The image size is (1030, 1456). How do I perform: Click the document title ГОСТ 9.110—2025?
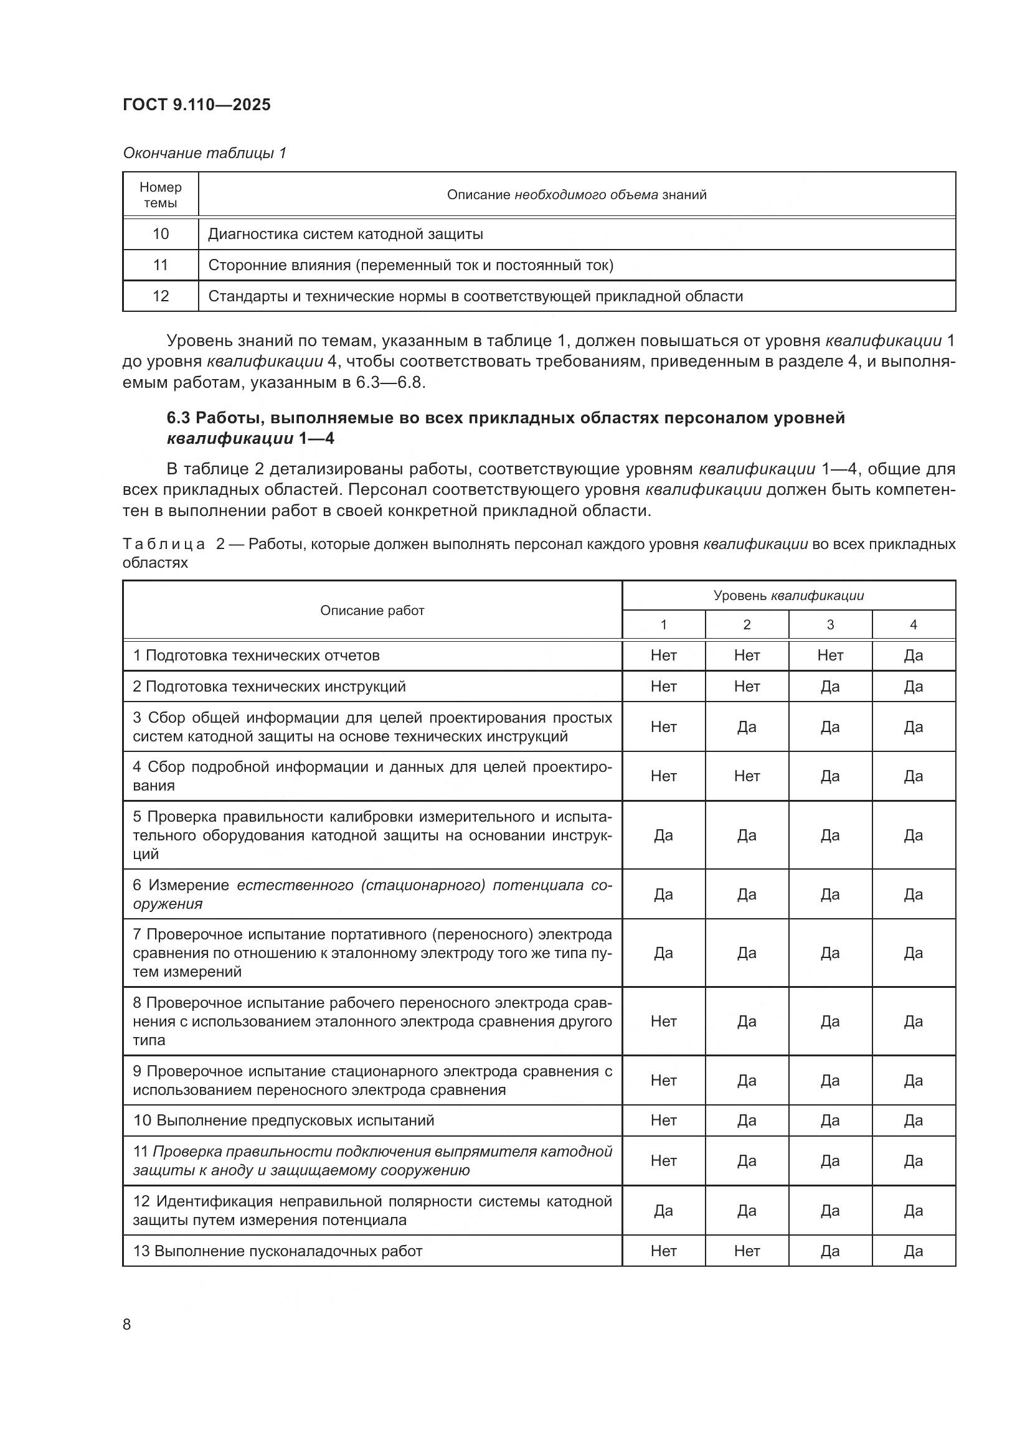(197, 105)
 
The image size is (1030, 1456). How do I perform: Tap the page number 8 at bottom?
(127, 1324)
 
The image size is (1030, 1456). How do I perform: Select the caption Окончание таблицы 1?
(204, 153)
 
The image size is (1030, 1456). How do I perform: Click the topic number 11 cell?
(161, 265)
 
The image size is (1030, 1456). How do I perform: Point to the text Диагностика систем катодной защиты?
(346, 234)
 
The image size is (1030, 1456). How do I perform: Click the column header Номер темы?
(161, 195)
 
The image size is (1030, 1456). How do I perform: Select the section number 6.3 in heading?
(178, 418)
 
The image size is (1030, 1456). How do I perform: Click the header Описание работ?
(372, 610)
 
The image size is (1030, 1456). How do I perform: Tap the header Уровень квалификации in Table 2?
(788, 596)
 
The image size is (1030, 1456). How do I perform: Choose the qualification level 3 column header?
(830, 624)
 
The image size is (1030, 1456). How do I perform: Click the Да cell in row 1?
(914, 655)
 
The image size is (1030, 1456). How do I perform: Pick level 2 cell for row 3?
(747, 726)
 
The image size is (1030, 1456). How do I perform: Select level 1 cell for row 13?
(663, 1251)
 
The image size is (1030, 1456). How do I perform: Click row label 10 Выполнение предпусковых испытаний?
(283, 1120)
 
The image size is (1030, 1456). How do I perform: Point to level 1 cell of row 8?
(663, 1021)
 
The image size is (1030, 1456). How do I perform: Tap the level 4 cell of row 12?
(914, 1211)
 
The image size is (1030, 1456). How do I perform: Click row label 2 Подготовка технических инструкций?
(270, 687)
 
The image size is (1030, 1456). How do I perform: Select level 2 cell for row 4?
(747, 776)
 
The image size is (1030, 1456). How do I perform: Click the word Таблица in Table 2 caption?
(164, 544)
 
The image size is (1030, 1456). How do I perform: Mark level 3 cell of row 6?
(830, 894)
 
